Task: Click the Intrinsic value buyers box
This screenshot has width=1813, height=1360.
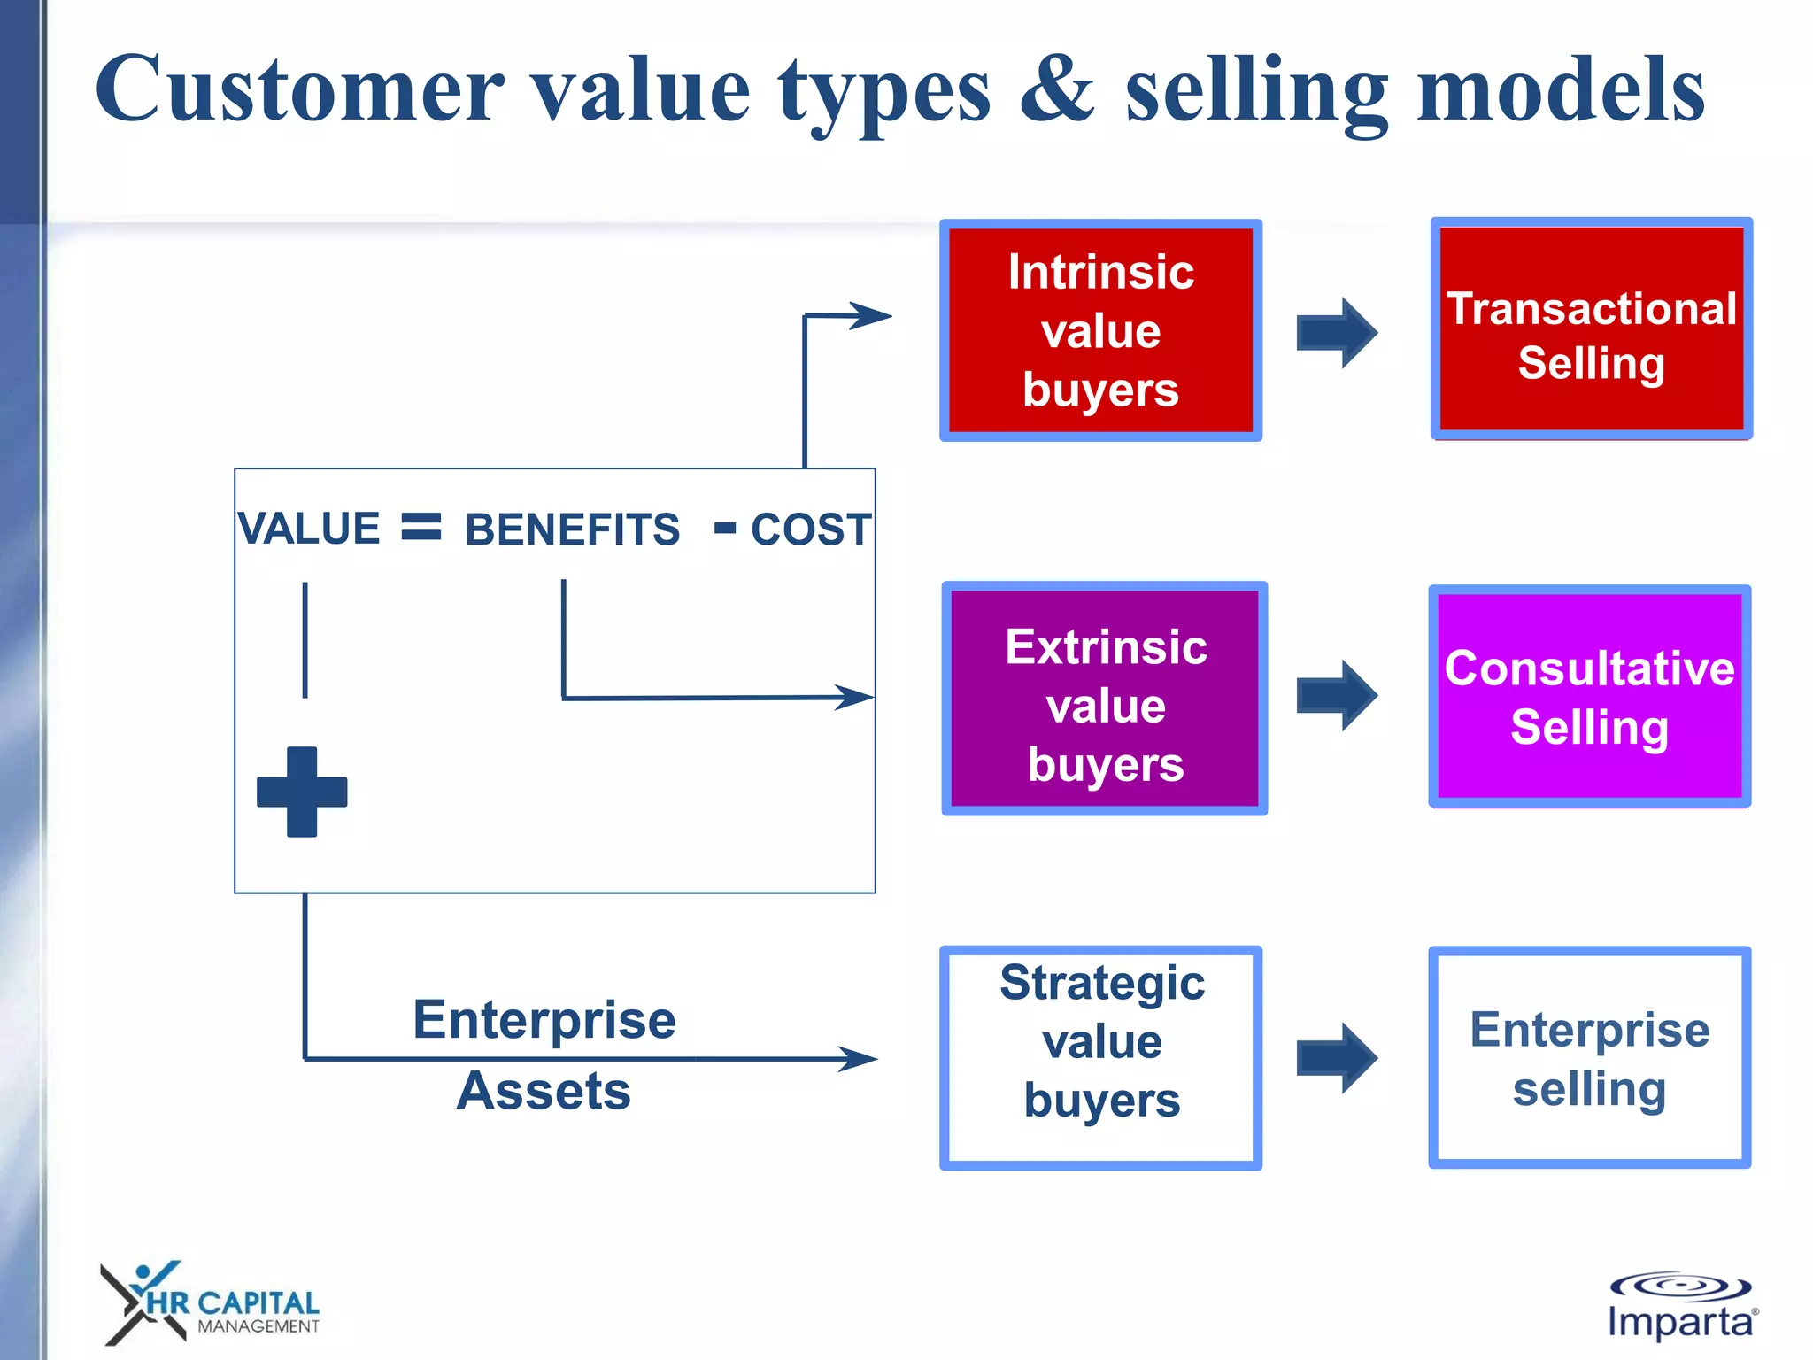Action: [x=1100, y=330]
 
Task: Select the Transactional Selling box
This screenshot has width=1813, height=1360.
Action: [x=1591, y=329]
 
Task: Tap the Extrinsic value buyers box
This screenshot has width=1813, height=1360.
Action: [x=1104, y=699]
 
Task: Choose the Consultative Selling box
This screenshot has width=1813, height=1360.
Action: [x=1589, y=697]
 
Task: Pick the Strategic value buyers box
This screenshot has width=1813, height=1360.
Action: [x=1100, y=1058]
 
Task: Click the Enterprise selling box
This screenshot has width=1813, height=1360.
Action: [x=1589, y=1058]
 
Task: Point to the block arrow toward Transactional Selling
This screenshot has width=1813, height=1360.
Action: [x=1337, y=333]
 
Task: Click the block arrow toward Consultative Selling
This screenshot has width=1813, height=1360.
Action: [x=1337, y=696]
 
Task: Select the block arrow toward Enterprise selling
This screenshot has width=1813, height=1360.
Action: [x=1337, y=1058]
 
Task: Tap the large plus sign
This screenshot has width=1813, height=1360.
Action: [x=302, y=792]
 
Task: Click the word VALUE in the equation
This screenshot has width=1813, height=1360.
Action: [x=309, y=529]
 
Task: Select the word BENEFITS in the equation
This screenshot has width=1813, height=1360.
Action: [x=572, y=529]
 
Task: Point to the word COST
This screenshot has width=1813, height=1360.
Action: [x=810, y=529]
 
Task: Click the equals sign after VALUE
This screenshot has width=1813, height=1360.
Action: [x=421, y=527]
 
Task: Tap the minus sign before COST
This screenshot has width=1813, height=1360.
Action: [x=725, y=529]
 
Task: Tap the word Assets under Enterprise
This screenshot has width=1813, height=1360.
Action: [x=544, y=1091]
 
